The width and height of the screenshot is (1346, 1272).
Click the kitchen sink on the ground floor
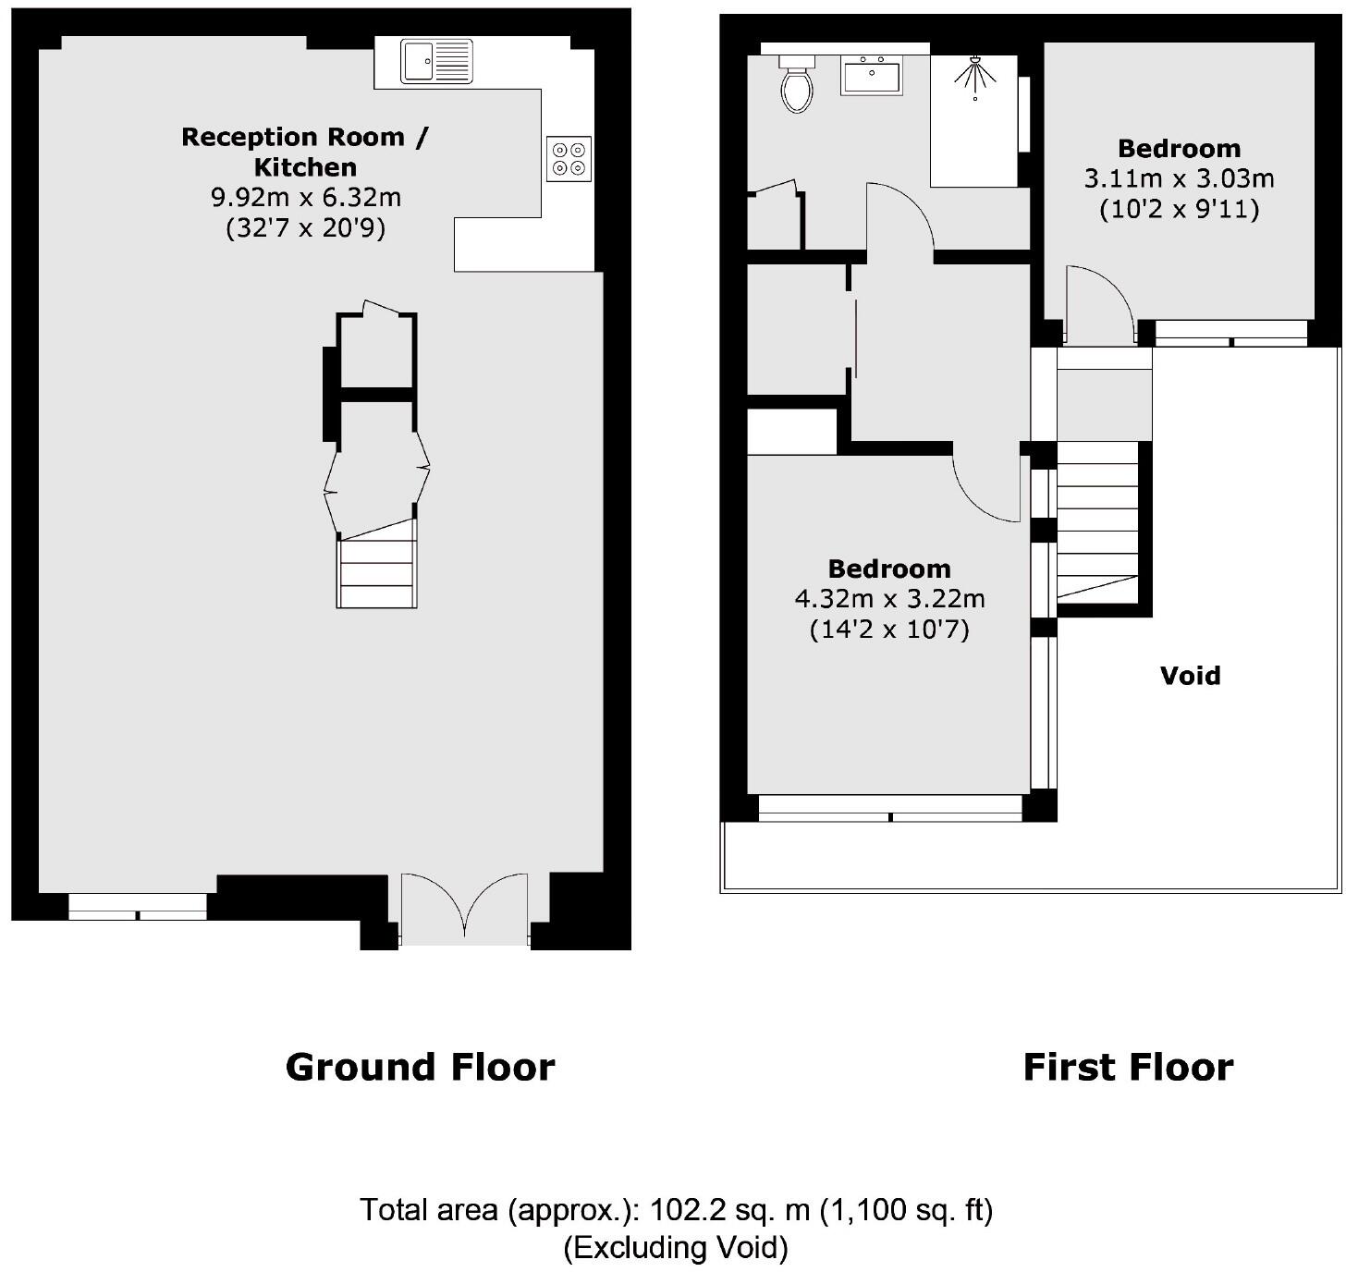(x=436, y=62)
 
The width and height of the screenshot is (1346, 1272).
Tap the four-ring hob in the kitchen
(x=569, y=158)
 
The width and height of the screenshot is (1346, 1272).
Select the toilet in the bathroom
(x=797, y=84)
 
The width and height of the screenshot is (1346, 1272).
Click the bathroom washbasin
(x=871, y=74)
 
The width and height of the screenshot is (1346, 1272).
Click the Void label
(x=1190, y=676)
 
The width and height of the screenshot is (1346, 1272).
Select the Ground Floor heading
(x=420, y=1067)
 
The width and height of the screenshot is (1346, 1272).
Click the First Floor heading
(x=1128, y=1067)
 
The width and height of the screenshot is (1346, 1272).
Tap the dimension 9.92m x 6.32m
(x=306, y=197)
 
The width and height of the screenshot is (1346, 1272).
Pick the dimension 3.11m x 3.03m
(x=1179, y=178)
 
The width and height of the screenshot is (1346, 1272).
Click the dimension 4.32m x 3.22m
(x=889, y=599)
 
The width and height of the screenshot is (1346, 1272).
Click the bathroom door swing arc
(x=901, y=217)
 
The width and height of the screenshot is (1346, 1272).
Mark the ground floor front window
(x=138, y=906)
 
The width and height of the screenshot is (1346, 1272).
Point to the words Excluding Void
(x=676, y=1248)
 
